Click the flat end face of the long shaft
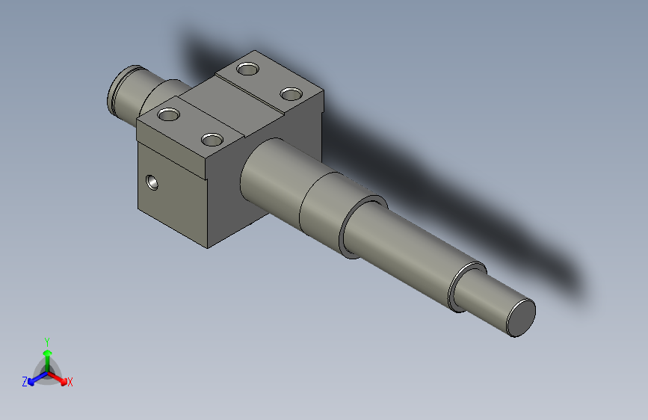[x=521, y=317]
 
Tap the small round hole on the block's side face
[x=152, y=182]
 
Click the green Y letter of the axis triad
[x=46, y=341]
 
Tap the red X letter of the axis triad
[x=70, y=382]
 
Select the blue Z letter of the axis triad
[x=25, y=381]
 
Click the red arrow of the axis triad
[x=60, y=377]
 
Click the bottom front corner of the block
[x=209, y=247]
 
